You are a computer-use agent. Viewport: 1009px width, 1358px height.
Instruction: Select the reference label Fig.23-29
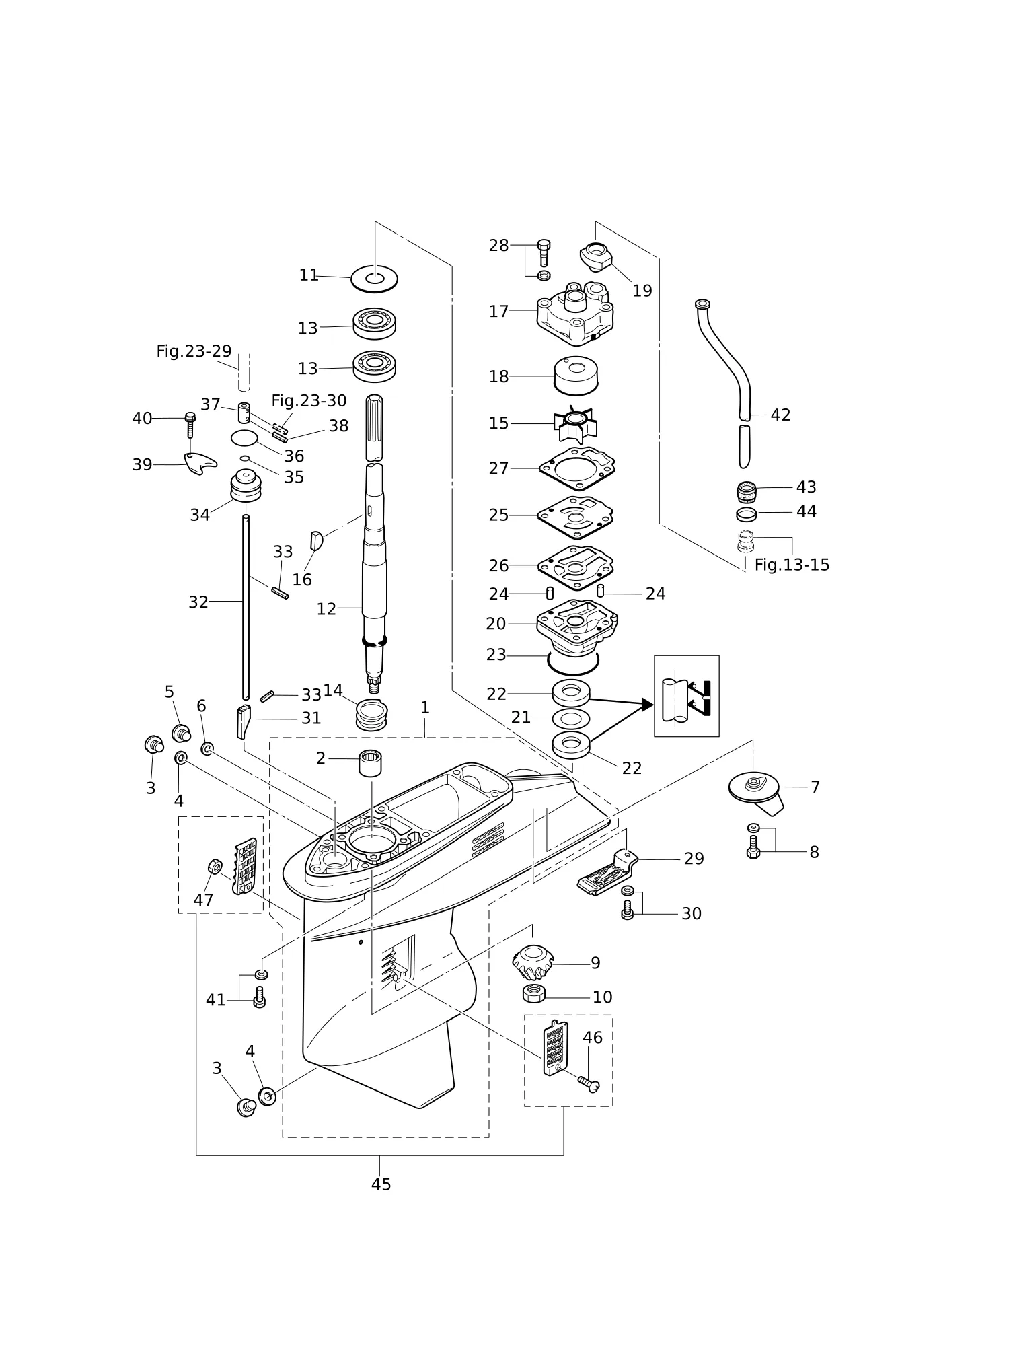point(194,351)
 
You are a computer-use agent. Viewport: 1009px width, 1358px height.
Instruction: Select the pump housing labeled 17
point(575,312)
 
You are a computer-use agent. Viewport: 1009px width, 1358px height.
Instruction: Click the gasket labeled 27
point(577,470)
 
